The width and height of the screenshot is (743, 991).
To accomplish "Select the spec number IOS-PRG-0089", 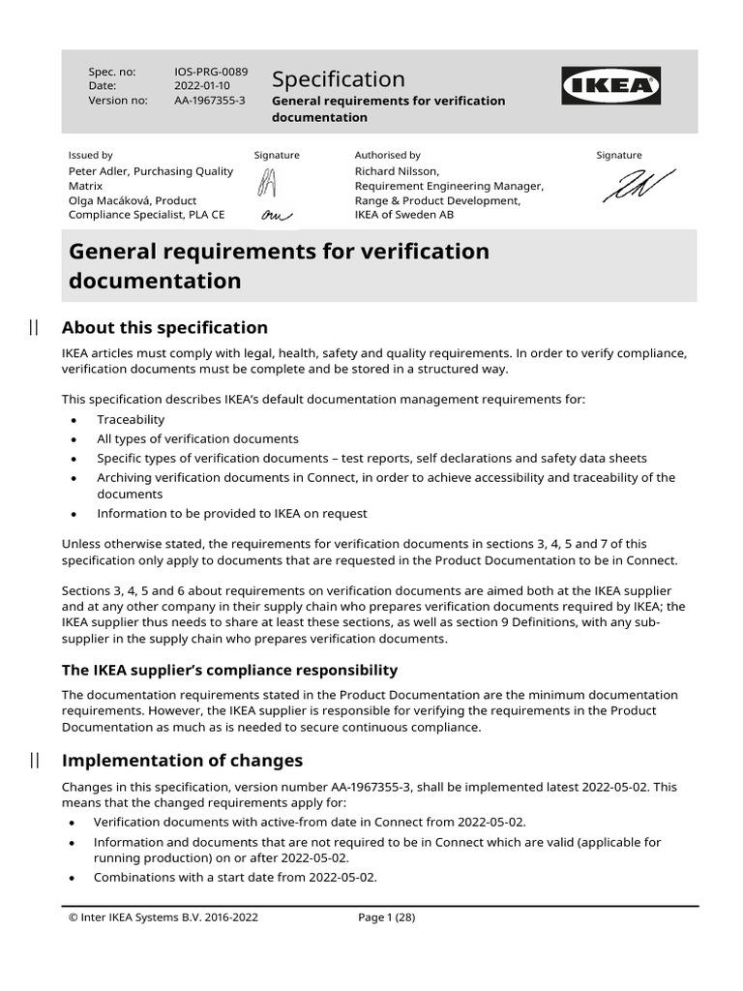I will pyautogui.click(x=210, y=72).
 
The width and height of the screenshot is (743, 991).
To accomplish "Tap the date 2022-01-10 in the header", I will pyautogui.click(x=202, y=86).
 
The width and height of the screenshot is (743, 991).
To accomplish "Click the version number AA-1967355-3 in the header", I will pyautogui.click(x=210, y=101).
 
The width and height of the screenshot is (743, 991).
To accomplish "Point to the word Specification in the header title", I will pyautogui.click(x=338, y=78).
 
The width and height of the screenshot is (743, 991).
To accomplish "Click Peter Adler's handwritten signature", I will pyautogui.click(x=267, y=180).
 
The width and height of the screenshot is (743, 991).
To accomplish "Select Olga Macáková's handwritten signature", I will pyautogui.click(x=270, y=215).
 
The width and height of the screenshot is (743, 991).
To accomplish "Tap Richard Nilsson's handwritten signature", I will pyautogui.click(x=639, y=186).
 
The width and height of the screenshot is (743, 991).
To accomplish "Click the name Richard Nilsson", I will pyautogui.click(x=396, y=171).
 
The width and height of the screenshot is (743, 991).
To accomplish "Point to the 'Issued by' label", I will pyautogui.click(x=90, y=155).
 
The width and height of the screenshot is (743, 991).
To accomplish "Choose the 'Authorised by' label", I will pyautogui.click(x=387, y=155).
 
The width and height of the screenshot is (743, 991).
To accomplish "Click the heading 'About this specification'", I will pyautogui.click(x=164, y=327).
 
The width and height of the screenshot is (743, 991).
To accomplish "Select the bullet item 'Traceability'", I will pyautogui.click(x=131, y=419).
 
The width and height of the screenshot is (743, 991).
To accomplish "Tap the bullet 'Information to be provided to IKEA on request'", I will pyautogui.click(x=231, y=513).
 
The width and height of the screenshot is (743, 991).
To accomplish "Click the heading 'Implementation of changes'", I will pyautogui.click(x=182, y=760).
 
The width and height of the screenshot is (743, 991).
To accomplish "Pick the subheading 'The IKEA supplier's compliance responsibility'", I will pyautogui.click(x=229, y=670).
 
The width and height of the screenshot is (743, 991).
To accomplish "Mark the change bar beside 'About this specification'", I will pyautogui.click(x=34, y=327).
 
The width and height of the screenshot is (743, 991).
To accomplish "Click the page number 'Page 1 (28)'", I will pyautogui.click(x=386, y=918).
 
